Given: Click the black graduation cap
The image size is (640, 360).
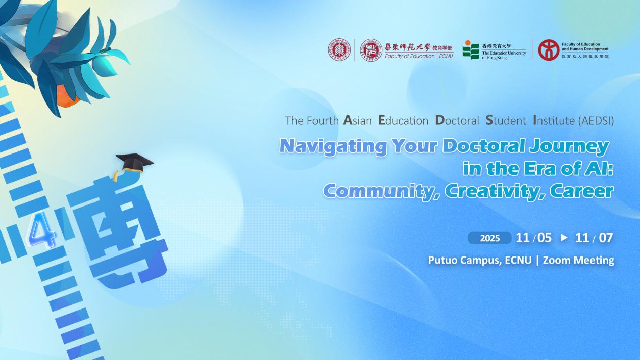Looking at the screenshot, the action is point(134,163).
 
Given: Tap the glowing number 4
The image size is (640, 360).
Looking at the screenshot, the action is point(42,230).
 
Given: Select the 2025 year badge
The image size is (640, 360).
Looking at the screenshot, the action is point(489,238).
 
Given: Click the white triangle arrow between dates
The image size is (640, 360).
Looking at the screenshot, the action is point(564,237).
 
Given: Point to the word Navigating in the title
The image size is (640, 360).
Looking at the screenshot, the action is point(333,146).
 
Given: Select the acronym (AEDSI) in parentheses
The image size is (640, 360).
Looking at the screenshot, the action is point(596,121).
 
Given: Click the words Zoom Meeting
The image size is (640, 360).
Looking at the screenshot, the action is point(578,260).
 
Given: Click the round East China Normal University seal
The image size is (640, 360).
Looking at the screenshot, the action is point(339,50).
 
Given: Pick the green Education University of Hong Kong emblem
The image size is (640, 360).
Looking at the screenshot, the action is point(471,50).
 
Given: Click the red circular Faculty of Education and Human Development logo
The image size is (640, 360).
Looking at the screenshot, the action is point(549,50).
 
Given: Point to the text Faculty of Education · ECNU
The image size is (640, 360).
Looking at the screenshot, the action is point(419,56).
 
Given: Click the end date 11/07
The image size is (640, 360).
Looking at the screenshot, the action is point(594,238).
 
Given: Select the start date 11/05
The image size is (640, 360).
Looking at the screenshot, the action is point(533,238).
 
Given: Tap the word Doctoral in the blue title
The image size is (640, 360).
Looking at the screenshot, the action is point(484,146).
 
